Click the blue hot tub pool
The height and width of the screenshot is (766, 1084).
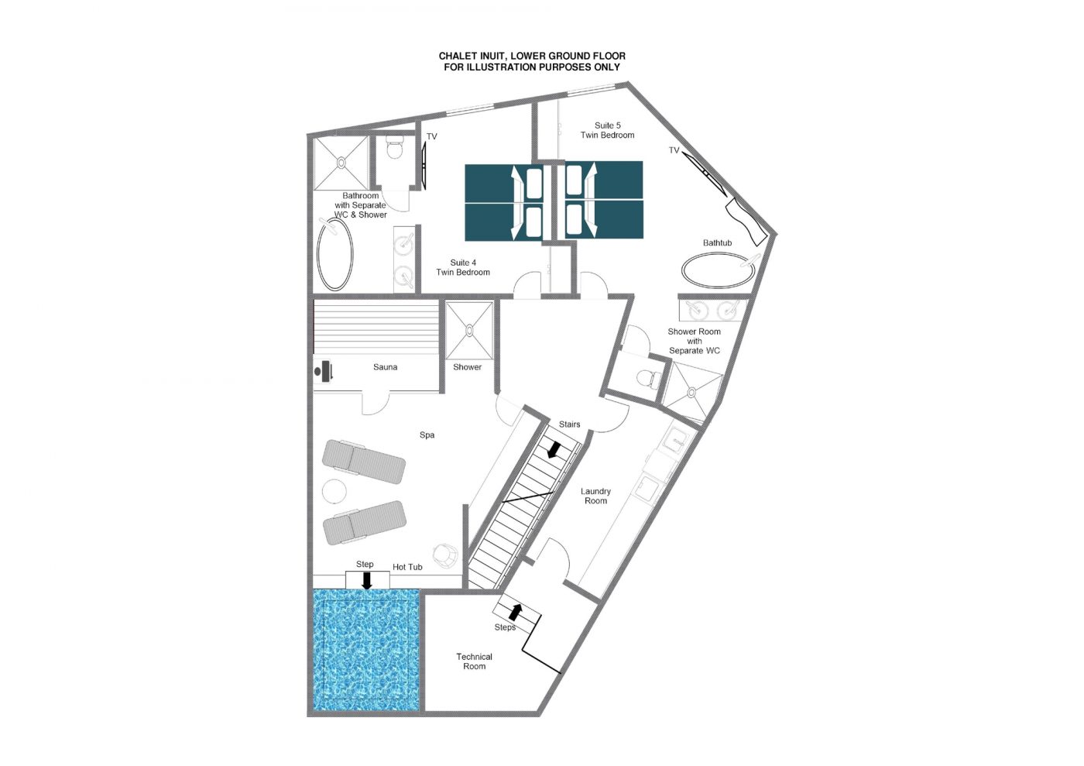365,650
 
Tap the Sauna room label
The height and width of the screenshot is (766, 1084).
386,367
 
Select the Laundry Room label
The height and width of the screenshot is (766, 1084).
595,496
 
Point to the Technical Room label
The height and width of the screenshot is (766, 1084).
474,661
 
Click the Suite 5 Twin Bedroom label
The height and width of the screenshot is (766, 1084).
607,130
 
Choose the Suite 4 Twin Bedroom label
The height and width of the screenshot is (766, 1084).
463,267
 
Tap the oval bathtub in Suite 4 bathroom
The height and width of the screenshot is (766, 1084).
334,255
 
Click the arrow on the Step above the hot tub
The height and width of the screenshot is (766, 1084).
367,581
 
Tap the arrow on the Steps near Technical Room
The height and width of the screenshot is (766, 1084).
516,612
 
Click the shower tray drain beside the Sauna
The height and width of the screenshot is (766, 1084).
469,330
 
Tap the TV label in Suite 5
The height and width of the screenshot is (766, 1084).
674,150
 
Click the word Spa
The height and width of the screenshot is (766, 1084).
427,435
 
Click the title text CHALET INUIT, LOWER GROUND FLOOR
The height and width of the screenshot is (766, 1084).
532,57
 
